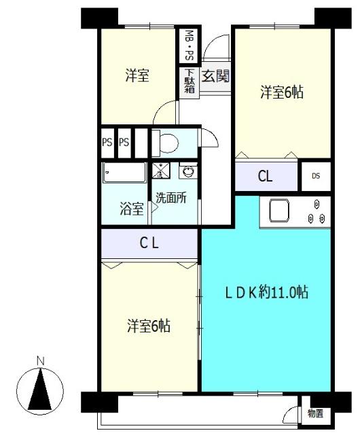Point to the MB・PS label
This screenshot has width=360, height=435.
tap(188, 45)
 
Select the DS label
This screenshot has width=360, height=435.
tap(316, 176)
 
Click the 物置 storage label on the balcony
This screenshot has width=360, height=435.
tap(315, 413)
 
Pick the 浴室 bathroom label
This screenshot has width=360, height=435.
tap(132, 209)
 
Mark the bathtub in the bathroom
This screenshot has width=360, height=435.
tap(124, 173)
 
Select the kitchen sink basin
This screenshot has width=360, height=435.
tap(280, 211)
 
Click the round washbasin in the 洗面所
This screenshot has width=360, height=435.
tap(187, 171)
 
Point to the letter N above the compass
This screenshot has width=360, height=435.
tap(40, 360)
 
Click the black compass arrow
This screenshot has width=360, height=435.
tap(40, 391)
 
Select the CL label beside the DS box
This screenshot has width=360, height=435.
tap(265, 177)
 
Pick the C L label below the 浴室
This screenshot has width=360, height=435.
tap(149, 243)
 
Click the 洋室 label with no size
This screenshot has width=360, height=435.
tap(137, 76)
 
